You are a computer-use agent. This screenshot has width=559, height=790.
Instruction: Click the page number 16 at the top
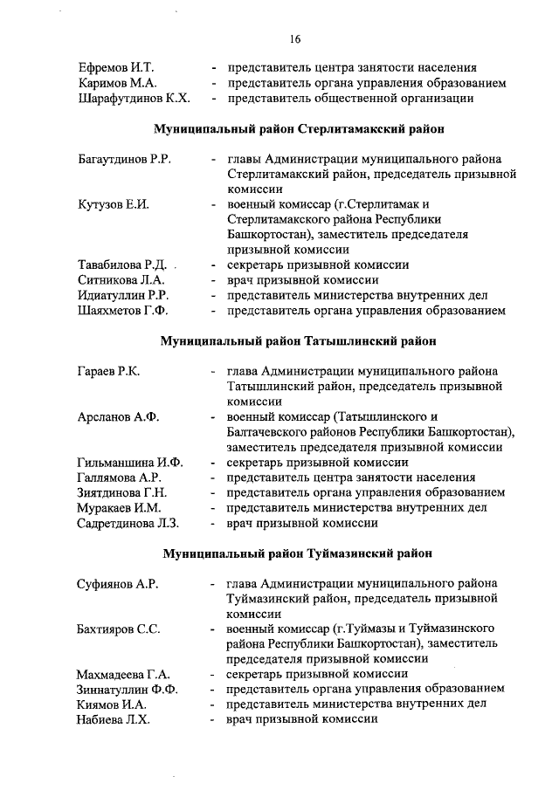point(295,39)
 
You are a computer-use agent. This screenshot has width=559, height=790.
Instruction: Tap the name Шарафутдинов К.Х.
point(134,99)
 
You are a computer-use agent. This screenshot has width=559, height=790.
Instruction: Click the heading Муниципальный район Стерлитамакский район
point(295,129)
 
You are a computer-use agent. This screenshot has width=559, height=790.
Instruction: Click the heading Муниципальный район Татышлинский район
point(295,340)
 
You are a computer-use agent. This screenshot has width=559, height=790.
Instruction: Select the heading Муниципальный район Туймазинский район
point(295,553)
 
